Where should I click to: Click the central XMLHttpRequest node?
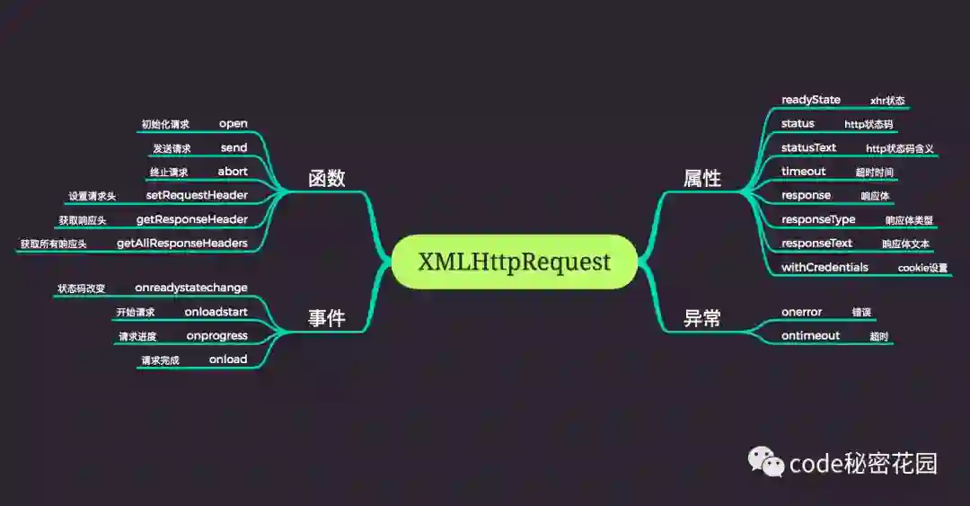514,262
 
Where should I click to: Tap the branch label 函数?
326,178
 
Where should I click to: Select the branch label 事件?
326,317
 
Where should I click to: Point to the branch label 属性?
702,178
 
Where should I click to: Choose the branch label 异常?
702,317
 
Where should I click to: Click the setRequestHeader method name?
197,195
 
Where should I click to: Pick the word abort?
233,171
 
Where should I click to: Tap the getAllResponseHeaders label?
182,243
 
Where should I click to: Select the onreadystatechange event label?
191,288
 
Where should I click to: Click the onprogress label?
216,335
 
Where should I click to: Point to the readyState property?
811,100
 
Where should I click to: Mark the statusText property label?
808,147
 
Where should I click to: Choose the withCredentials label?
824,267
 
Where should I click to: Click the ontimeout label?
810,335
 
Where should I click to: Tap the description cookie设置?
922,268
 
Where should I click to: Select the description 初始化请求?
165,124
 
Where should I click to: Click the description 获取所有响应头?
54,244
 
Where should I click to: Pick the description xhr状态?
887,101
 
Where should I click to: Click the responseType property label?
818,219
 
